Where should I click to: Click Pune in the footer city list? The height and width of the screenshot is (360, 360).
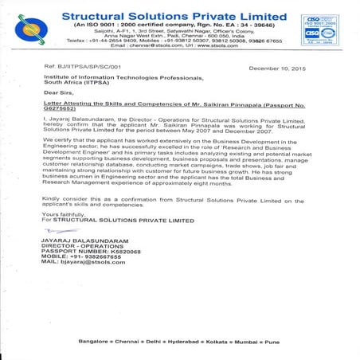point(270,342)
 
